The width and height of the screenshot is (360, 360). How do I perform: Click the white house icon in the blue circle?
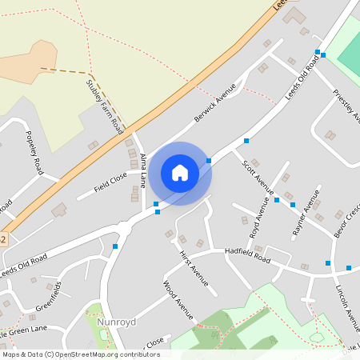click(x=180, y=173)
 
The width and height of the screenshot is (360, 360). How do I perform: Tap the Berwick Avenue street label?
click(x=216, y=102)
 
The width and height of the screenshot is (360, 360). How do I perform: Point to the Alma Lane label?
click(x=143, y=170)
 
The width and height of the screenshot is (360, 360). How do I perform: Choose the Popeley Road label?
click(x=34, y=152)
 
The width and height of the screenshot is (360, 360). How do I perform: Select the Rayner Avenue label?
click(x=307, y=210)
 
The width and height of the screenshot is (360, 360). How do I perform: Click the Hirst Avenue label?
click(x=194, y=266)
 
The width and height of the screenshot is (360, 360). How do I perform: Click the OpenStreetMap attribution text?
click(x=81, y=354)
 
